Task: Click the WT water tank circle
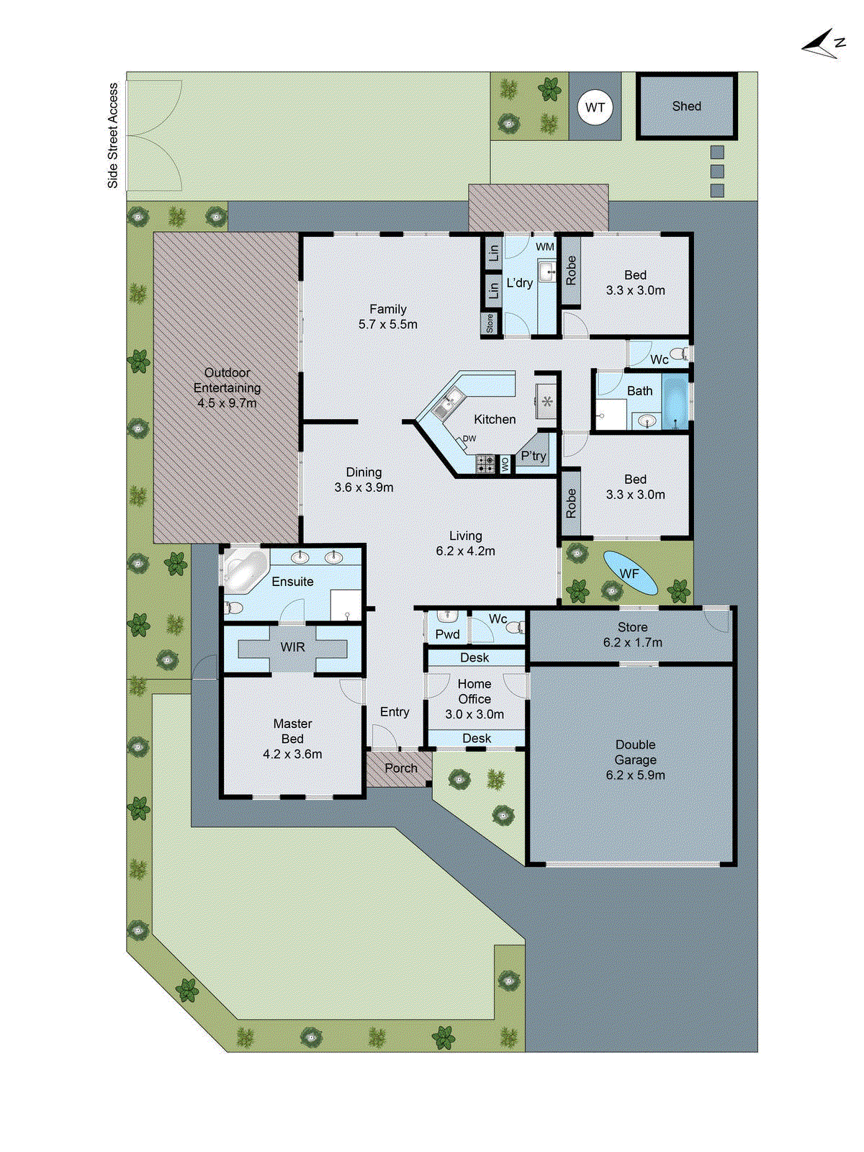coord(595,107)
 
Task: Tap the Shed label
coord(686,106)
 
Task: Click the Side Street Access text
coord(113,135)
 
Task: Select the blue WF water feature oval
coord(629,573)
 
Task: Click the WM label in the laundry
coord(545,247)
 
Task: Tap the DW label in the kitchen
coord(469,438)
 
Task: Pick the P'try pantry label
coord(534,456)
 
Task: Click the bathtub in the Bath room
coord(675,400)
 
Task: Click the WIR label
coord(292,647)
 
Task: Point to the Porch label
coord(400,768)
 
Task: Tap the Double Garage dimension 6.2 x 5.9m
coord(635,775)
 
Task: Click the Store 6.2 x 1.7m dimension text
coord(632,642)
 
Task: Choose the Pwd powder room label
coord(447,634)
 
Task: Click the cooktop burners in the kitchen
coord(485,464)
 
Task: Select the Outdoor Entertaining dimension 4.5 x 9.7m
coord(227,403)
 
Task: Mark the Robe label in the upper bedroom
coord(571,270)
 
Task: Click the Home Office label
coord(474,691)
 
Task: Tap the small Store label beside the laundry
coord(490,323)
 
